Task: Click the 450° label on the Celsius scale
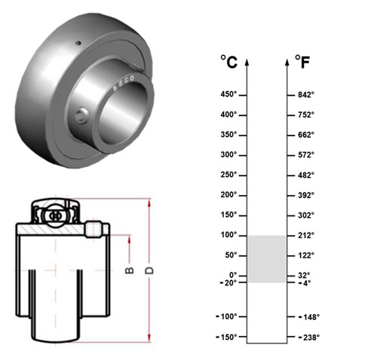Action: pos(228,94)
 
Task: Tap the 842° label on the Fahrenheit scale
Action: pos(306,95)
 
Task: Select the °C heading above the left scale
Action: pos(228,62)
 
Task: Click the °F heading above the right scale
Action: pos(302,62)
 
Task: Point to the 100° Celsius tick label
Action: pos(228,235)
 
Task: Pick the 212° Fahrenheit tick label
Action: pos(306,236)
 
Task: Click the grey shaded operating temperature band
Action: pos(267,259)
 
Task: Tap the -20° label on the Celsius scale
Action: pos(228,283)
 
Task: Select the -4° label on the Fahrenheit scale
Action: pos(305,283)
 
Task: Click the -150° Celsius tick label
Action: pos(226,337)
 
